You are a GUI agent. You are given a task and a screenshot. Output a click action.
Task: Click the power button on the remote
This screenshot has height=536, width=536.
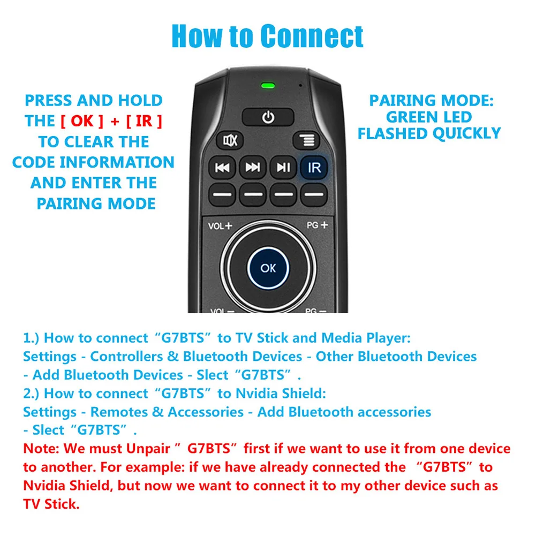[x=268, y=117]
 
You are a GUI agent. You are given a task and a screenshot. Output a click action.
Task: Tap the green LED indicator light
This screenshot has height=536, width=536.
[x=268, y=86]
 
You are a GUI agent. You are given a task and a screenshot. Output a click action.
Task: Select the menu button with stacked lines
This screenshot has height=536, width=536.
[x=306, y=141]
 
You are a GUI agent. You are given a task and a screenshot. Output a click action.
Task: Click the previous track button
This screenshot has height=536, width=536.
[x=222, y=168]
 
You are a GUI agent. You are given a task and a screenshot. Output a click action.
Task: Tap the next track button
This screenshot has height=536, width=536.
[x=252, y=168]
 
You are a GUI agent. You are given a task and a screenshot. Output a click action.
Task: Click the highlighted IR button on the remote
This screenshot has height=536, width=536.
[x=314, y=168]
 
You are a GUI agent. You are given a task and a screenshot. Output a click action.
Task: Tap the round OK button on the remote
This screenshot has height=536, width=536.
[x=268, y=268]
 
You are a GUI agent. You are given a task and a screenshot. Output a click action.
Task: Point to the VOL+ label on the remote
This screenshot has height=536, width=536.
[x=220, y=225]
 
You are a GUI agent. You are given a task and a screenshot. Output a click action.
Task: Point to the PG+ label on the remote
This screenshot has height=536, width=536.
[x=316, y=225]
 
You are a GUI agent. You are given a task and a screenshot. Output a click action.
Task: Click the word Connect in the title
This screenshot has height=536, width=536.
[x=312, y=36]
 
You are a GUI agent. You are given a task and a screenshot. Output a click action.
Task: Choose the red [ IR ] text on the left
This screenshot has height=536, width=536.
[x=144, y=121]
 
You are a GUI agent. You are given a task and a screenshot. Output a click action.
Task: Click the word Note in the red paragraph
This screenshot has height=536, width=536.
[x=39, y=449]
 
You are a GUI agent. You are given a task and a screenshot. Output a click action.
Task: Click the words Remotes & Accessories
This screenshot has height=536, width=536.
[x=167, y=412]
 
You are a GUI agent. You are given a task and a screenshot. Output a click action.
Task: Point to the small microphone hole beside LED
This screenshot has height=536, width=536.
[x=301, y=85]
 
